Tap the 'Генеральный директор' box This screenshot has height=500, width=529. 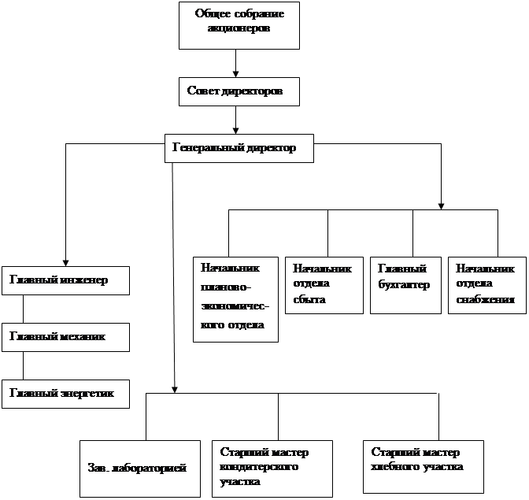239,148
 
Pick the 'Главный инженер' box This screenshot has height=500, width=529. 65,281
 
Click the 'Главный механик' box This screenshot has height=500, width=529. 65,338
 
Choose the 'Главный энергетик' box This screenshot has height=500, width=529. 65,393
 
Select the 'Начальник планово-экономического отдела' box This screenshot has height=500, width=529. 235,298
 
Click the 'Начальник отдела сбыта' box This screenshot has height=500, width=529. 319,284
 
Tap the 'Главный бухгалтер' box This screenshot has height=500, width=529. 405,284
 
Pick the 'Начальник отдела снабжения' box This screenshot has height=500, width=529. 486,284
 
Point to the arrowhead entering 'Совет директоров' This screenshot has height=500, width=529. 235,72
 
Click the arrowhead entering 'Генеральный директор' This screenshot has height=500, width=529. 235,129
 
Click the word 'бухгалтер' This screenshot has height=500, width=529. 404,285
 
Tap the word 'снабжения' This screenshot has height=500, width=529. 485,300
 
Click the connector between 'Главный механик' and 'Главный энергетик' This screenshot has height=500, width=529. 23,365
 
